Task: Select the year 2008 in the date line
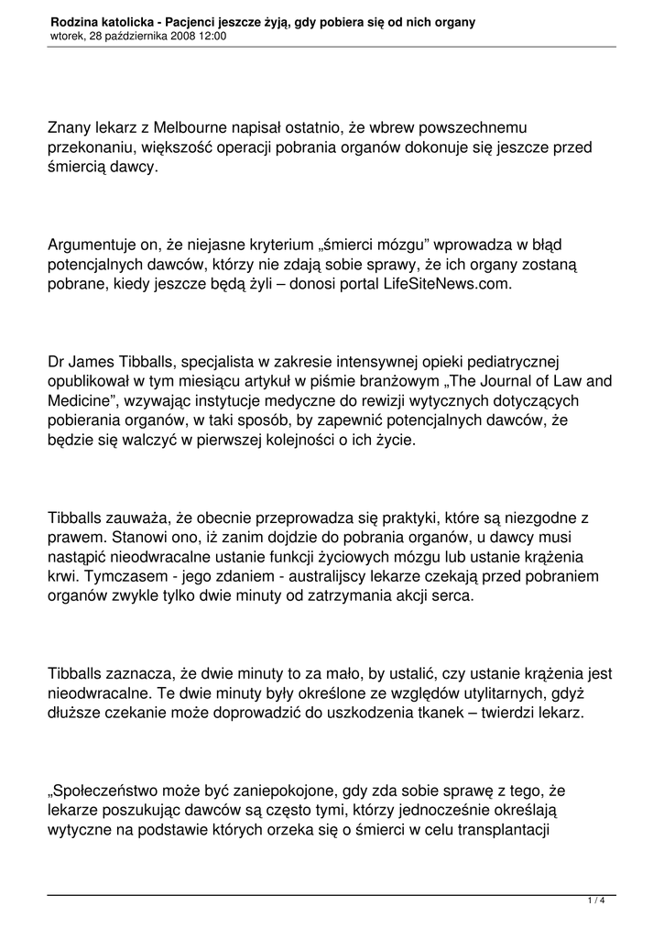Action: pos(169,36)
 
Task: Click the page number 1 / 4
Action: pos(596,901)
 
